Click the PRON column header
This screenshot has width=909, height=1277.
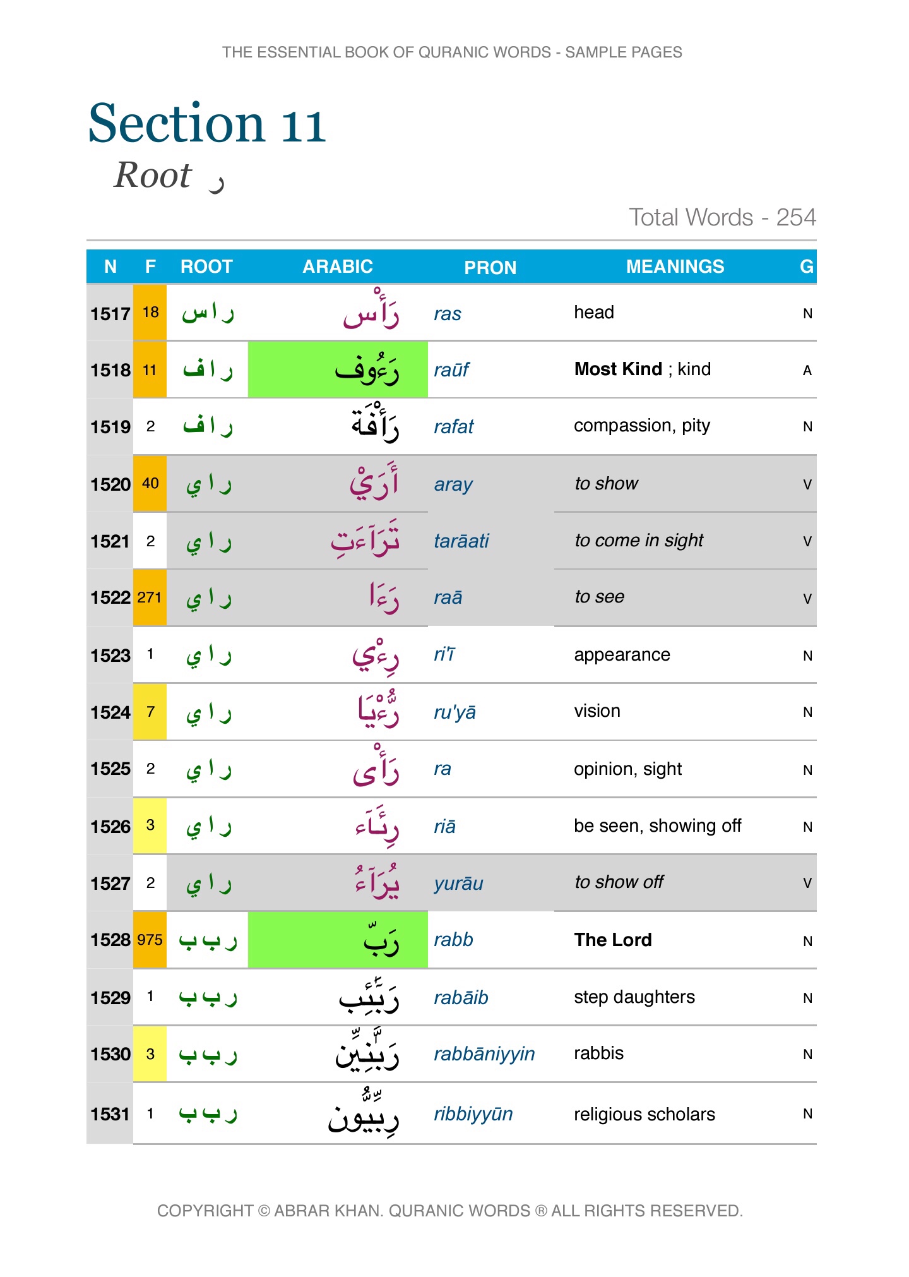(490, 267)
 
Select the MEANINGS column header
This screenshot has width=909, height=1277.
(675, 267)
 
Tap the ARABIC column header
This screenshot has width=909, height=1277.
(338, 267)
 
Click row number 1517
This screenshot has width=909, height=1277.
(110, 313)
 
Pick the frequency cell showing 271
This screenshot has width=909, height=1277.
(150, 597)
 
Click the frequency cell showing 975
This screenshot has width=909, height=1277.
(150, 940)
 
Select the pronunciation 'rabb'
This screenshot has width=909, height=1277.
(453, 940)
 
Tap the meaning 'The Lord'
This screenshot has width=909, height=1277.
(613, 940)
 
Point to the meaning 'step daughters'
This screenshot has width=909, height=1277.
(634, 997)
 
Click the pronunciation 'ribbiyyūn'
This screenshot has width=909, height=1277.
(473, 1114)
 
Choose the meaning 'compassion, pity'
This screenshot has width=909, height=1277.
(641, 426)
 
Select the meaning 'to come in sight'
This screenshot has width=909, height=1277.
(638, 541)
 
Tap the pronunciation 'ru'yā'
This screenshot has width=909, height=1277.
(454, 712)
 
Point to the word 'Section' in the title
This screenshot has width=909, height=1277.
(176, 123)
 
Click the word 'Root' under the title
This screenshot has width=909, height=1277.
(153, 175)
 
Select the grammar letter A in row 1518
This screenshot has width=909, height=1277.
(807, 371)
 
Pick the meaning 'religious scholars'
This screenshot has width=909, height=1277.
(644, 1114)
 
